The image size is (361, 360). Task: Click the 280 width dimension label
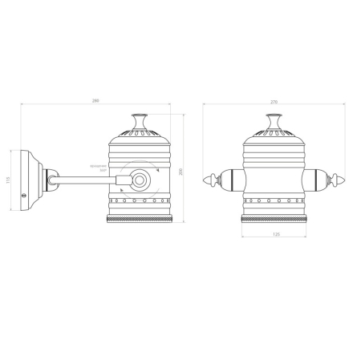pos(96,100)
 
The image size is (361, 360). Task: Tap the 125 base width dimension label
pos(275,235)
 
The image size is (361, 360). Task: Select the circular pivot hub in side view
pos(141,180)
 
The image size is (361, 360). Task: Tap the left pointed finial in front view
pos(211,179)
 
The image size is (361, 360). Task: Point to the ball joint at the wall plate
pos(51,179)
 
